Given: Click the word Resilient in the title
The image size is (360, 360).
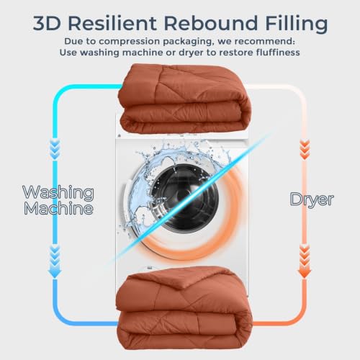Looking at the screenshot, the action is [112, 23].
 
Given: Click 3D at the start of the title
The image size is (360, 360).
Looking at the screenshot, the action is [47, 23].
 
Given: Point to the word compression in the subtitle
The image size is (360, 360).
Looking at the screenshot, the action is [129, 42].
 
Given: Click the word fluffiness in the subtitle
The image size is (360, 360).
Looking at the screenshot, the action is [278, 52].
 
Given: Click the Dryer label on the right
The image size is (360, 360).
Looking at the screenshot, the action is [312, 199].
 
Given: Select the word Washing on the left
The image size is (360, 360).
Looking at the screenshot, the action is [58, 193].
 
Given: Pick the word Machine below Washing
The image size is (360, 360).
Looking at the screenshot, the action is [58, 208].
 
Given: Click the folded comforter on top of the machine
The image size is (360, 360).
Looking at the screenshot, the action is [185, 99].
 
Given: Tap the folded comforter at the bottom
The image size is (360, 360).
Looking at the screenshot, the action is [184, 307].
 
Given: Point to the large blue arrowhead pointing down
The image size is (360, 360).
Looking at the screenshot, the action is [55, 273].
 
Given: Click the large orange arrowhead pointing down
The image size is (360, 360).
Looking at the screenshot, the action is [305, 274].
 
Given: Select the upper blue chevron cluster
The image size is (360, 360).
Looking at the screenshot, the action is [55, 150].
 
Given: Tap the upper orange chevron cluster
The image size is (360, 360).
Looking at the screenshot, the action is [305, 150].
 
